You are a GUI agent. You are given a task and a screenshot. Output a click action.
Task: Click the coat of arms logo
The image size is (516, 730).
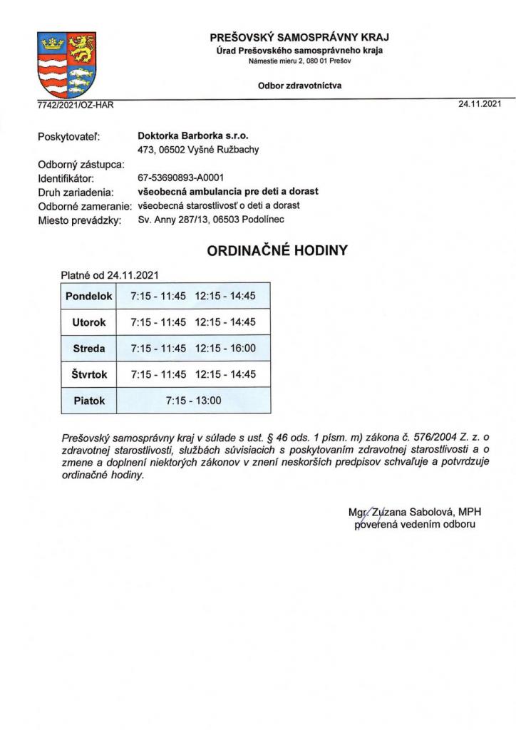click(x=66, y=65)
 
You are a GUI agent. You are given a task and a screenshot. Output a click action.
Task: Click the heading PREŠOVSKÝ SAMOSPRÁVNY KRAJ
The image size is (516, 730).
click(x=300, y=37)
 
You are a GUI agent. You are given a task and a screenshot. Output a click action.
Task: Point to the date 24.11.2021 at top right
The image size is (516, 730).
click(x=480, y=104)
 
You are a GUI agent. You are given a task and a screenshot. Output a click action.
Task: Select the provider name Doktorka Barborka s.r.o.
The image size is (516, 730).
click(x=193, y=135)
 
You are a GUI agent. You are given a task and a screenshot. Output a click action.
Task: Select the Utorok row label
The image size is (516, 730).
click(x=89, y=323)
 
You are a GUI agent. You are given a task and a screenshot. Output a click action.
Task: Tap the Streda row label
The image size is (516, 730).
click(x=89, y=349)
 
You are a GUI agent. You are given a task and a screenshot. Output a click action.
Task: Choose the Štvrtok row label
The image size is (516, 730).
click(x=89, y=374)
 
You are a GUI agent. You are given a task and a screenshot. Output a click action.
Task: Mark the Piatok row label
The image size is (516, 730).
click(x=89, y=401)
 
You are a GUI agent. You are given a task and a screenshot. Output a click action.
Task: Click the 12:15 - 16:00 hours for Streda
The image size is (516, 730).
click(x=225, y=349)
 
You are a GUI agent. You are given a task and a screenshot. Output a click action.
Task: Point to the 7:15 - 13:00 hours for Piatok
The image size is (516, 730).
click(x=193, y=401)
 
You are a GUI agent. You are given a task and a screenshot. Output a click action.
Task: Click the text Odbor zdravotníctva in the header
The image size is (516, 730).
click(x=300, y=85)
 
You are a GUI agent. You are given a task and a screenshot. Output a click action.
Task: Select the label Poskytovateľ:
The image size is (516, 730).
click(x=68, y=135)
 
